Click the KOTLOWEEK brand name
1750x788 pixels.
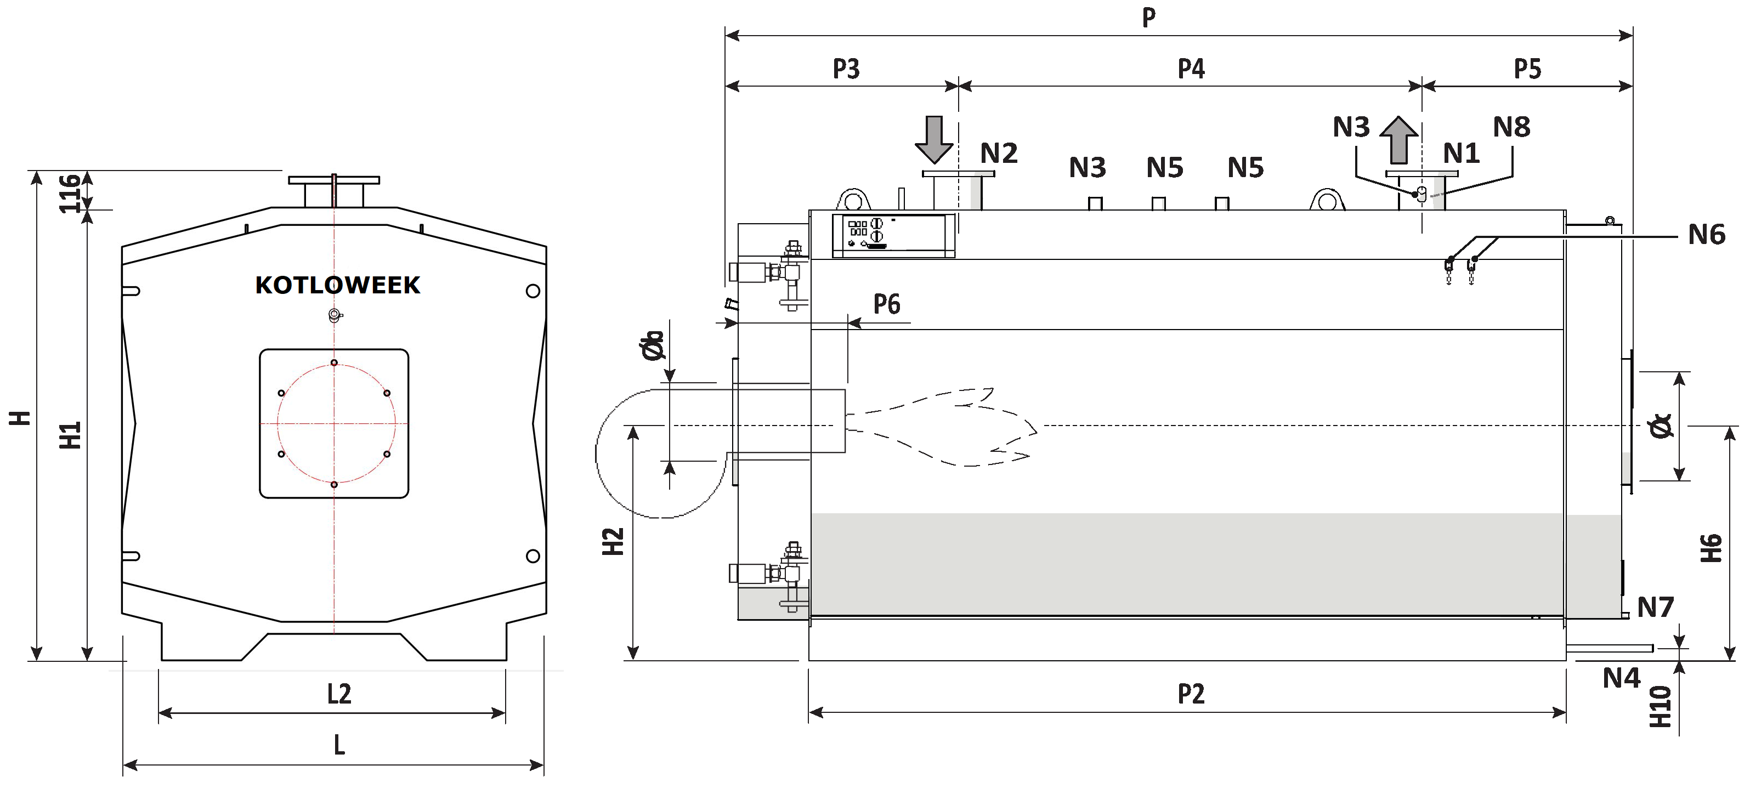tap(338, 285)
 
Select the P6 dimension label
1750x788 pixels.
tap(887, 304)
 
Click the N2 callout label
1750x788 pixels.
tap(999, 154)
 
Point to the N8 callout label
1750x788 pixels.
tap(1511, 127)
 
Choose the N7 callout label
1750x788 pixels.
tap(1656, 607)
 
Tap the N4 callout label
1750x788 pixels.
tap(1622, 678)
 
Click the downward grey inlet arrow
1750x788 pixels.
tap(934, 140)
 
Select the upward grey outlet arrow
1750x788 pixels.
tap(1399, 140)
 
